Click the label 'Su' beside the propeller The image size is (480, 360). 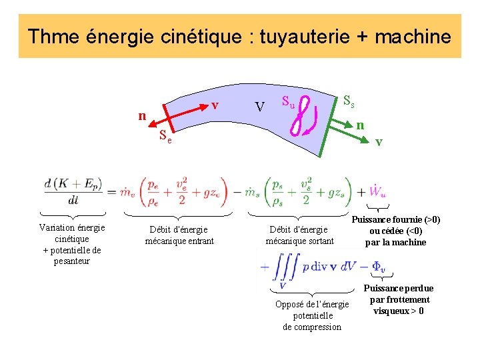(x=287, y=102)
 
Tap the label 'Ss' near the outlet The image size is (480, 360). (x=348, y=101)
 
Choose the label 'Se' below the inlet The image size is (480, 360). (x=165, y=137)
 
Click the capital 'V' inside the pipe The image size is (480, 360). (x=261, y=107)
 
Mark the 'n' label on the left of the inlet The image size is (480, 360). (x=141, y=116)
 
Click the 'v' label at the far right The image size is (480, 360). (x=379, y=141)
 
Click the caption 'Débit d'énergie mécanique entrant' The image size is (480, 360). (x=179, y=235)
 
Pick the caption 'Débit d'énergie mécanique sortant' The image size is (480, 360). (x=299, y=235)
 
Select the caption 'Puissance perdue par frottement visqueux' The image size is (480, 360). (x=399, y=299)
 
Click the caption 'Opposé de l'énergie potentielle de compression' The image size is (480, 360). (x=312, y=315)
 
